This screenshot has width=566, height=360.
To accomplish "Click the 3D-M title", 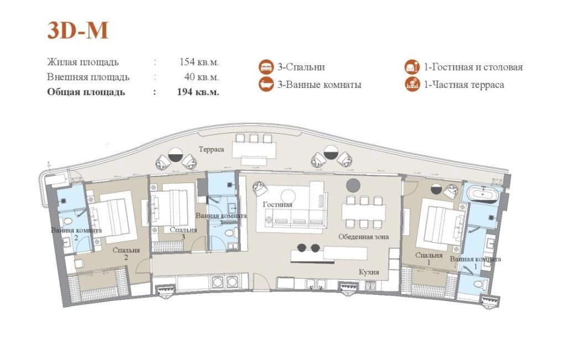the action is point(77,30).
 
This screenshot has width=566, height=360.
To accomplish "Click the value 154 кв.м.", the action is point(199,62).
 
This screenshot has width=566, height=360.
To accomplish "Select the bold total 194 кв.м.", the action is point(198,92).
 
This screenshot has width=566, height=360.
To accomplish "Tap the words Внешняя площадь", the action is point(88,77).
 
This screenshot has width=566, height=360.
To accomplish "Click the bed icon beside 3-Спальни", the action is point(266,67).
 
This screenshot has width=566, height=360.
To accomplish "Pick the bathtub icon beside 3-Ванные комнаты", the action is point(266,85).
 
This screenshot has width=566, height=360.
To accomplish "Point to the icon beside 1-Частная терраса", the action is point(412,85).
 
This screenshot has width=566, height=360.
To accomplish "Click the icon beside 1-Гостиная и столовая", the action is point(412,67).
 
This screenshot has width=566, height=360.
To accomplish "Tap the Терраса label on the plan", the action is point(211,149).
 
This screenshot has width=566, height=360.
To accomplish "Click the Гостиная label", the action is point(277,205).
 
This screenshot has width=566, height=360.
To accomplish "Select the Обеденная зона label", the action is point(364,237).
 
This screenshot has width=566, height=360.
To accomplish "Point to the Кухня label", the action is point(369,272).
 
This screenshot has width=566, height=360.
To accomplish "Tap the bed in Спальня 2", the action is point(113,217).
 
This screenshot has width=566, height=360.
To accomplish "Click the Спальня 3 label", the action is point(184,233).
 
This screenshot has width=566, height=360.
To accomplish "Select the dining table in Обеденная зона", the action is point(364,212).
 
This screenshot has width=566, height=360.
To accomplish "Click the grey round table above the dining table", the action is point(353,185).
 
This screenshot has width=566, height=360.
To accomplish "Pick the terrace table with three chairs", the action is point(254,149).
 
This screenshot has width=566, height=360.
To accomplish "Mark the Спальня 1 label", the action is point(429,259).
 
